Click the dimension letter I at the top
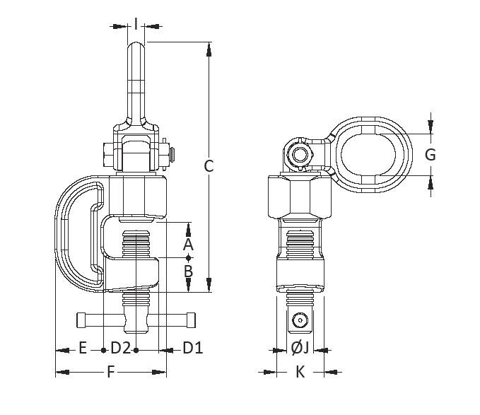135,25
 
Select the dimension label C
209,166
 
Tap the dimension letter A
188,245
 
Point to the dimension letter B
188,271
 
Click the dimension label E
82,348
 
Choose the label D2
121,348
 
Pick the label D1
193,348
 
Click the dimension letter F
110,373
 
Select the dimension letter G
430,154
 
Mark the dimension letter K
300,373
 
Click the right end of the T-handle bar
192,320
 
